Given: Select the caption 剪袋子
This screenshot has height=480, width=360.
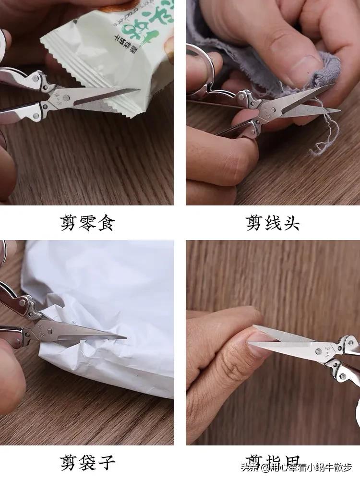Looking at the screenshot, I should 87,463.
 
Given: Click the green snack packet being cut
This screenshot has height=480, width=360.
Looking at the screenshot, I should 120,53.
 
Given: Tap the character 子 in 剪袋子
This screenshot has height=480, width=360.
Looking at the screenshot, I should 107,463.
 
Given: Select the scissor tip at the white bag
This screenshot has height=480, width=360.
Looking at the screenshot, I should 125,336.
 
